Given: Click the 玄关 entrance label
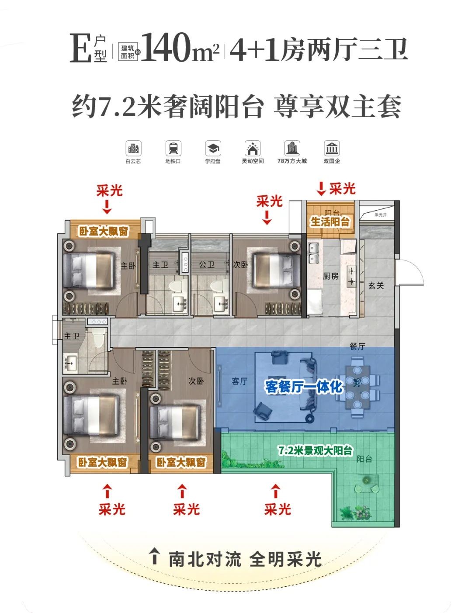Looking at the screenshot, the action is [x=376, y=285].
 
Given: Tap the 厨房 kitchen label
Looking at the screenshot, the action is [x=331, y=276].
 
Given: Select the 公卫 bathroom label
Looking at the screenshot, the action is [x=207, y=265].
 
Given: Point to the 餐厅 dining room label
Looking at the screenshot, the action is [x=357, y=346].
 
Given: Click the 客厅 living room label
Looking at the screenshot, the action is [x=239, y=381].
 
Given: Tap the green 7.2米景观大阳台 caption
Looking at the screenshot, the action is [x=316, y=450].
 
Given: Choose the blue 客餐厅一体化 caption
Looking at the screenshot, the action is [x=304, y=387].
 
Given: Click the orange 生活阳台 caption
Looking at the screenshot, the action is [x=330, y=222].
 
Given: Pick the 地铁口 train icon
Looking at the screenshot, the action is [x=173, y=149].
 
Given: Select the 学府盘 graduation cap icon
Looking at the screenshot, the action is [x=213, y=149].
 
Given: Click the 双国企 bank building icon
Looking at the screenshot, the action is [x=332, y=149].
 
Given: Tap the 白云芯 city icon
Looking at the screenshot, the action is [x=133, y=149].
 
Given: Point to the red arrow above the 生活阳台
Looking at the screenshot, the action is [x=321, y=189].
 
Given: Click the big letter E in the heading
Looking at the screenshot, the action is [x=81, y=48].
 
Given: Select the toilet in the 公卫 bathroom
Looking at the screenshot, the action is [x=217, y=286].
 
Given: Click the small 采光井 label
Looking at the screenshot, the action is [x=381, y=215].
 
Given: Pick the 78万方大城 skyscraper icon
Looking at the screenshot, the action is [x=292, y=149].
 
